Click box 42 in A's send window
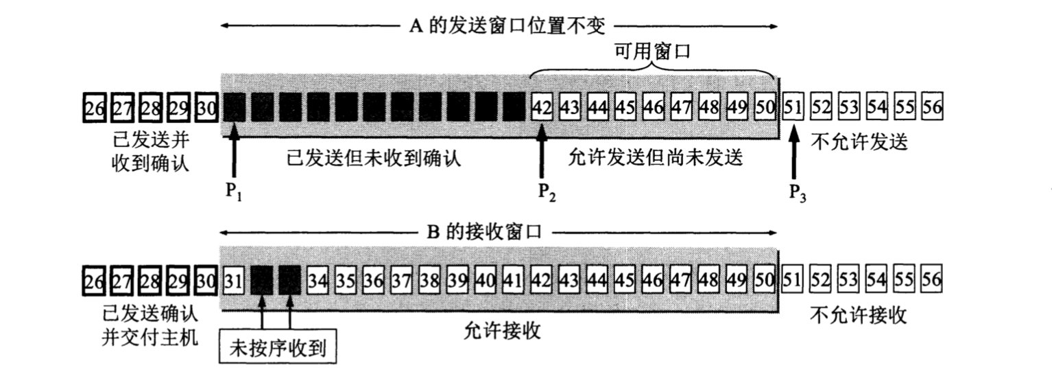pyautogui.click(x=542, y=108)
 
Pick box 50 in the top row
pyautogui.click(x=765, y=108)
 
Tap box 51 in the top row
pyautogui.click(x=793, y=108)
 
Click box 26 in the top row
pyautogui.click(x=95, y=108)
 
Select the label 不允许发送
pyautogui.click(x=859, y=142)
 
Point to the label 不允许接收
pyautogui.click(x=859, y=315)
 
